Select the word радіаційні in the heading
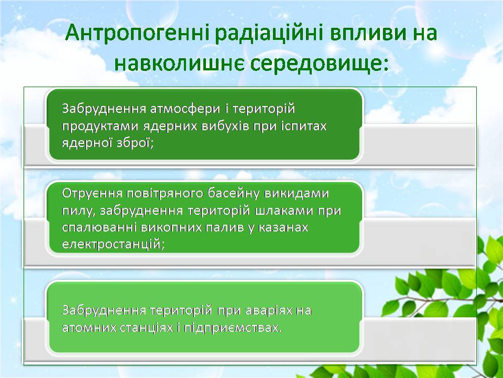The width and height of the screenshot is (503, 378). click(269, 34)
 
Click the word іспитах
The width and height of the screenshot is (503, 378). click(304, 125)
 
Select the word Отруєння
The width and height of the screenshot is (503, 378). click(92, 194)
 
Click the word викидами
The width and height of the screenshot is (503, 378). click(297, 194)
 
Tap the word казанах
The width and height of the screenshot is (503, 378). click(283, 227)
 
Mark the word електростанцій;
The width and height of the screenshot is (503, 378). click(113, 245)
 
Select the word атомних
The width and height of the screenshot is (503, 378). click(89, 328)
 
